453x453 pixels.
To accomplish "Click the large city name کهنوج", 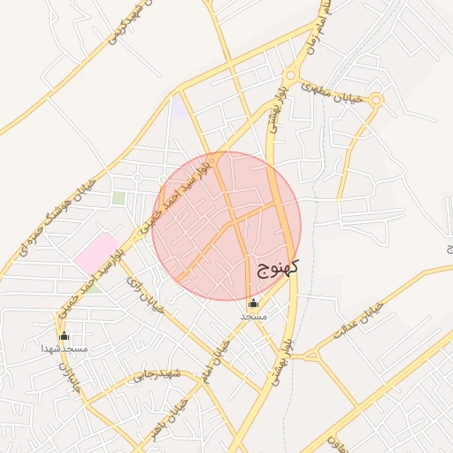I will coord(279,267).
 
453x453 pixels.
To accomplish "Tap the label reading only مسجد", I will coord(253,315).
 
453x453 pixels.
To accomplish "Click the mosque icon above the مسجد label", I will coord(253,303).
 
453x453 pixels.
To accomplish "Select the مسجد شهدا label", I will coord(65,349).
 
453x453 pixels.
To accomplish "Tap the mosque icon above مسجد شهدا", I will coord(64,336).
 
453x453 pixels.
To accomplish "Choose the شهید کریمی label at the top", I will coord(126,24).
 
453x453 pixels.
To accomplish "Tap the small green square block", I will coord(119,197).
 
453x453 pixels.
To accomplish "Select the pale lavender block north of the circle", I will coord(180,107).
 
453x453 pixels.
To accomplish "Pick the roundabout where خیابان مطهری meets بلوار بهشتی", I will coord(288,76).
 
